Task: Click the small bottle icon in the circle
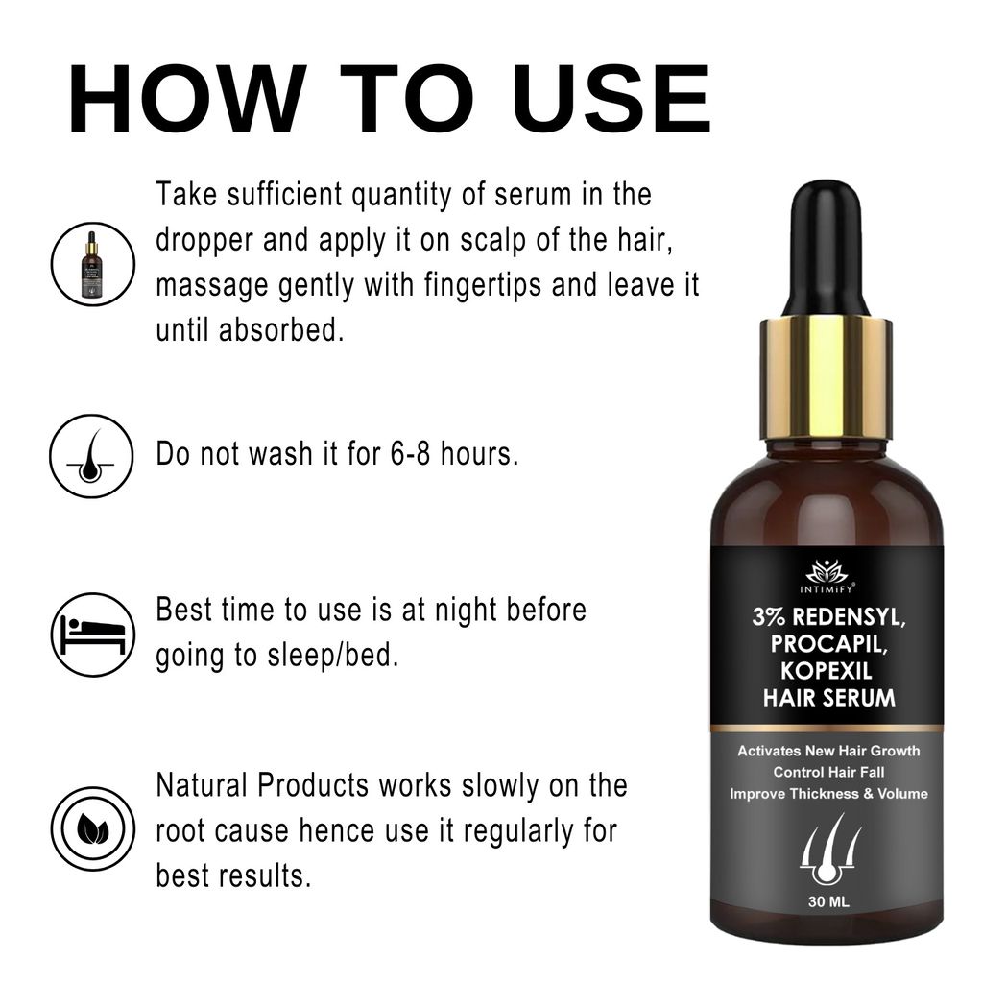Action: click(92, 264)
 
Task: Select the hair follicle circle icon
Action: click(92, 456)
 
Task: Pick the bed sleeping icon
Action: click(92, 634)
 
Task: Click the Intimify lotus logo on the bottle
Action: click(827, 572)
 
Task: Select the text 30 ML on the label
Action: click(827, 901)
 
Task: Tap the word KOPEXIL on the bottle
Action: click(827, 671)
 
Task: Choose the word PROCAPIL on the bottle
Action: click(827, 645)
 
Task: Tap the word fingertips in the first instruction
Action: click(479, 285)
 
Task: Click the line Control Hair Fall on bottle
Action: click(827, 772)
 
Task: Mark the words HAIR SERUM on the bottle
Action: click(827, 697)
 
